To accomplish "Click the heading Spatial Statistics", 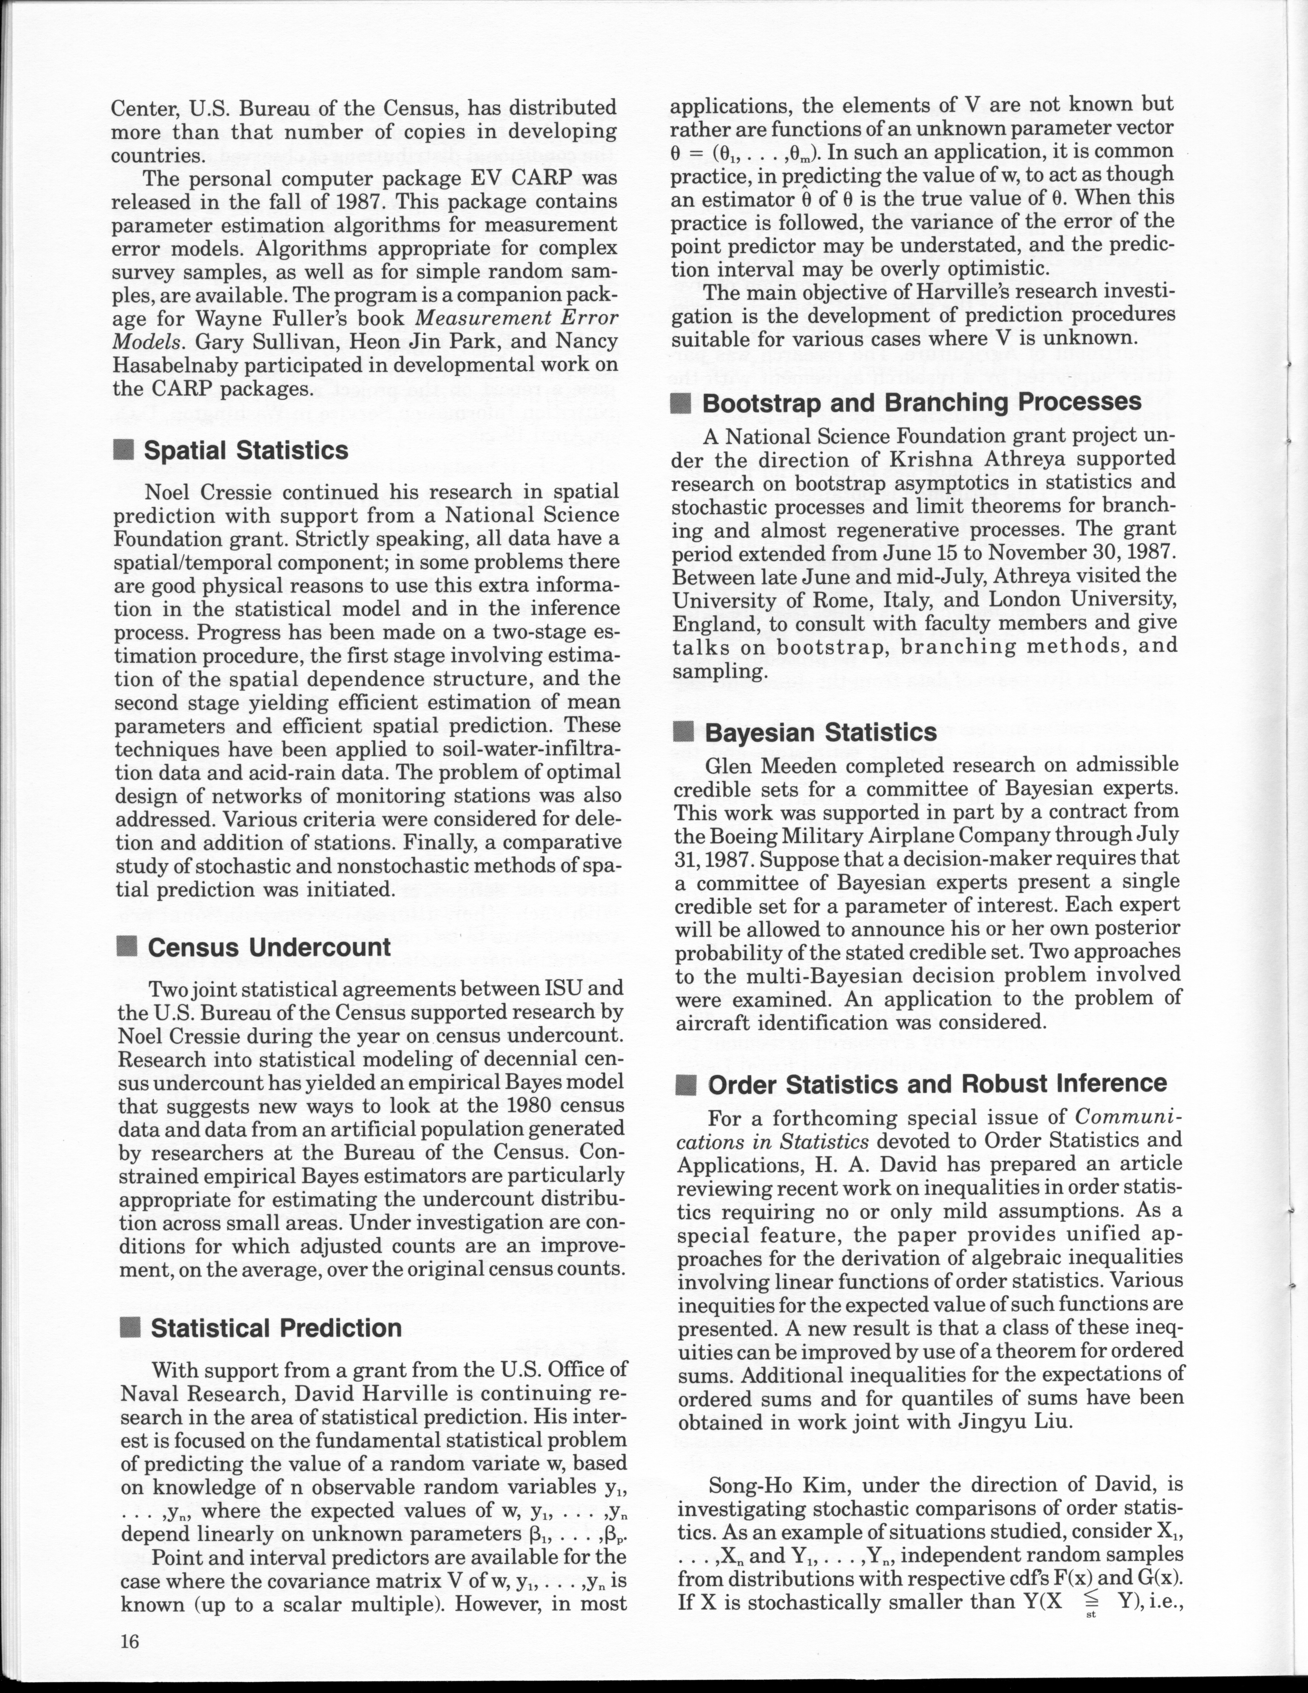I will point(246,450).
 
